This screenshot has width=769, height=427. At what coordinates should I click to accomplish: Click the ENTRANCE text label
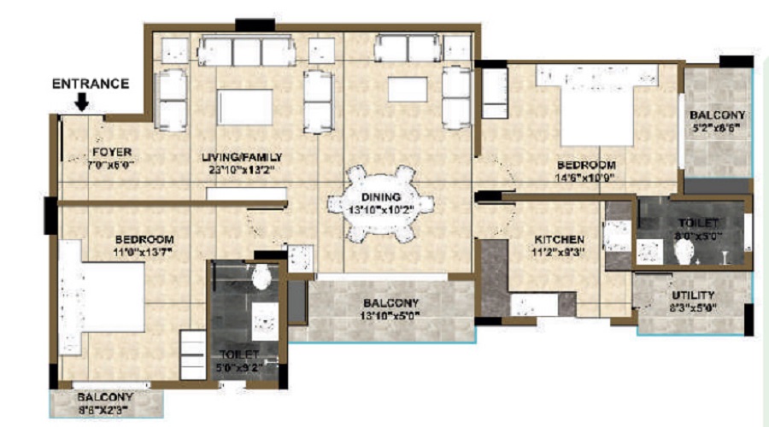click(x=91, y=84)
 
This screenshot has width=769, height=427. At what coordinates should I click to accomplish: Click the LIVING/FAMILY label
click(x=242, y=158)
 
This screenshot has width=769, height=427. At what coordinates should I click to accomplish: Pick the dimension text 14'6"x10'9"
click(x=585, y=178)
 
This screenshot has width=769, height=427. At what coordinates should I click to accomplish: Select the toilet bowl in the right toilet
click(x=683, y=251)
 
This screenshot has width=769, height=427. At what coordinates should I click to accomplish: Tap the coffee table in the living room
click(x=244, y=108)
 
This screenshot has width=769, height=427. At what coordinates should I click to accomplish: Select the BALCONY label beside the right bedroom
click(x=716, y=115)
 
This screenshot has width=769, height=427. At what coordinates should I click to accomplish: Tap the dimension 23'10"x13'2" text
click(x=242, y=169)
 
